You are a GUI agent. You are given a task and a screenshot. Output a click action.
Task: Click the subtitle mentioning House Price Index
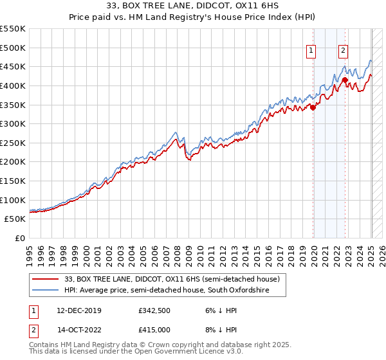[x=193, y=19]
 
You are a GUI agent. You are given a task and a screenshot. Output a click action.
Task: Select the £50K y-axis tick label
[x=15, y=219]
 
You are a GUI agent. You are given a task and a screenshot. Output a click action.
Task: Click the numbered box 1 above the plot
[x=311, y=51]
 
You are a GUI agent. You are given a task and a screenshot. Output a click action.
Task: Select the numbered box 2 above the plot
[x=343, y=51]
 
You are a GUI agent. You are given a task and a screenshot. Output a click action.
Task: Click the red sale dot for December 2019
[x=313, y=107]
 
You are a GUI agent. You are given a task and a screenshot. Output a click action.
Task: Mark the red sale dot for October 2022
[x=345, y=80]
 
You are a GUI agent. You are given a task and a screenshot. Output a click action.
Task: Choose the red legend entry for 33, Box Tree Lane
[x=171, y=280]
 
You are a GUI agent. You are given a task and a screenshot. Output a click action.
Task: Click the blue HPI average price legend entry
[x=166, y=291]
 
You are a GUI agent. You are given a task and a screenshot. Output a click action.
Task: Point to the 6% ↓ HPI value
[x=219, y=310]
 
